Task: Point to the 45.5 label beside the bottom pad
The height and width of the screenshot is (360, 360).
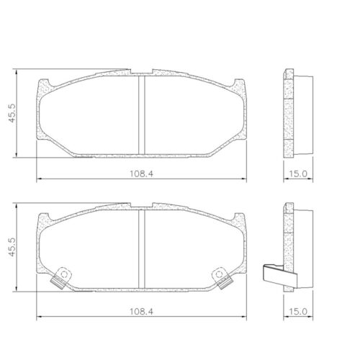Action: (x=12, y=249)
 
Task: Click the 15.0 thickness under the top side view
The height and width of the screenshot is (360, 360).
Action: (x=298, y=172)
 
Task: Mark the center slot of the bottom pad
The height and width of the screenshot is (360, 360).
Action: (x=142, y=248)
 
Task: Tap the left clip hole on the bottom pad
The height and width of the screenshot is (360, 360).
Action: (x=62, y=274)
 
